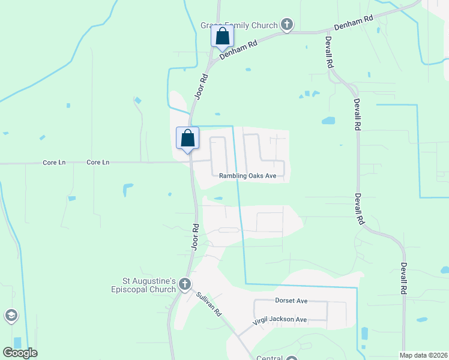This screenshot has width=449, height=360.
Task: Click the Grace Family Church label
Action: click(239, 25)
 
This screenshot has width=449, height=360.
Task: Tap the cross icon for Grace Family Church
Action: click(287, 25)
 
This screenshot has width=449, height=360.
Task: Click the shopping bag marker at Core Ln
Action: click(187, 138)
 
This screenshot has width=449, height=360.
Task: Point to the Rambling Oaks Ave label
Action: click(247, 176)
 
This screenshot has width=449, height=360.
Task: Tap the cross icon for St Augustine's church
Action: click(184, 284)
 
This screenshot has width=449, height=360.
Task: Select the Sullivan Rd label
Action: click(209, 304)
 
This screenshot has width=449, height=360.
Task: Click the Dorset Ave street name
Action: click(291, 300)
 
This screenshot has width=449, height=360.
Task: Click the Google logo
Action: click(20, 353)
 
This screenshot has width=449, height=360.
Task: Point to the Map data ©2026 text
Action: click(423, 355)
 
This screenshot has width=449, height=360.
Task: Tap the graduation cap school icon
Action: click(11, 316)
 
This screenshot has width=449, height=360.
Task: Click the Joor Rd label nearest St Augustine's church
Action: click(195, 237)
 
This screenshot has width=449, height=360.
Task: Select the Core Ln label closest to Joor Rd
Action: click(98, 162)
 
